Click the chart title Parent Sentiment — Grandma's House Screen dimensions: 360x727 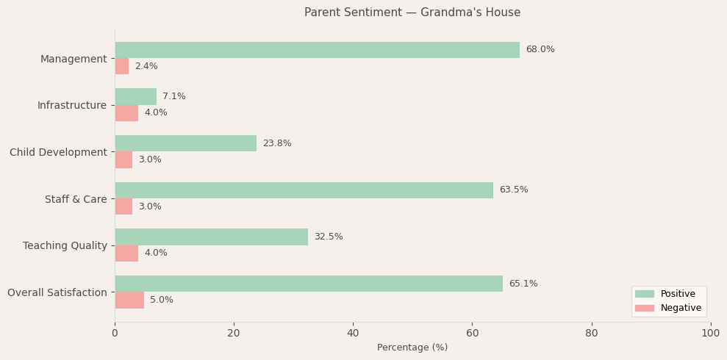coord(412,12)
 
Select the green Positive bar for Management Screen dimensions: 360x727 coord(317,50)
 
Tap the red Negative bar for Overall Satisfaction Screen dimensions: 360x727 coord(129,300)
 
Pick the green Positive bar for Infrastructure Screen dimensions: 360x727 coord(135,96)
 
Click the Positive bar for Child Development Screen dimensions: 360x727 coord(185,143)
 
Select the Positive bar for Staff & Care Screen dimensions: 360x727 coord(304,190)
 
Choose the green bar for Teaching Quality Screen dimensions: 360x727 coord(211,237)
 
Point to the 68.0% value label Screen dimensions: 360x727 coord(540,50)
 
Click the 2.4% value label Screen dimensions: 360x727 coord(146,66)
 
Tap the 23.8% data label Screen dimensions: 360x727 coord(276,143)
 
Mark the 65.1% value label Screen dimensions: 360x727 coord(523,284)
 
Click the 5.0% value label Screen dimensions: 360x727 coord(161,300)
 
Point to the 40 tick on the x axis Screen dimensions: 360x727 coord(353,334)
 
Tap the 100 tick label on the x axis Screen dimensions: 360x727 coord(710,334)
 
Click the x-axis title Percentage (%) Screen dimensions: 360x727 coord(412,348)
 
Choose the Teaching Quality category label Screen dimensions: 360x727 coord(65,245)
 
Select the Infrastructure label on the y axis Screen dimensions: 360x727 coord(71,105)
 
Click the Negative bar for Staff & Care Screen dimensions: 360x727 coord(123,206)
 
